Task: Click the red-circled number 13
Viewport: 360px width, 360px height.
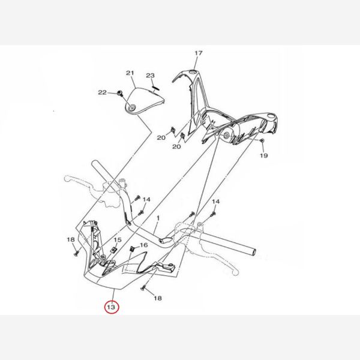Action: [112, 307]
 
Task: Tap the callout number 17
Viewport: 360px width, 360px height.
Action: [199, 53]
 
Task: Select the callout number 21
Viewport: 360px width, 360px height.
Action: [130, 73]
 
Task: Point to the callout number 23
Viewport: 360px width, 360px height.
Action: [151, 76]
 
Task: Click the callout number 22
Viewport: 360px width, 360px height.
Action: [103, 92]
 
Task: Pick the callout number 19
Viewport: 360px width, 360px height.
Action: [264, 155]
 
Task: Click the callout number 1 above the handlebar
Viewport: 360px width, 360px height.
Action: [158, 218]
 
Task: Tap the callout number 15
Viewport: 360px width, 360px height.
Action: [118, 239]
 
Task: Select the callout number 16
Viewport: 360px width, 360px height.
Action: [144, 245]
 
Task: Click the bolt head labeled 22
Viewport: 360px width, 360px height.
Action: [119, 93]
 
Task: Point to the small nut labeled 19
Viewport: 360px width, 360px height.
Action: [262, 140]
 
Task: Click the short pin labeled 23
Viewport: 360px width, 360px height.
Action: [156, 88]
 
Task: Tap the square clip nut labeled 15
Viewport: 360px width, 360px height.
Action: [113, 250]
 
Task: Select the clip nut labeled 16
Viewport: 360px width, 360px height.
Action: [133, 248]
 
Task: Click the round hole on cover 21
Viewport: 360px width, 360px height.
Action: [133, 107]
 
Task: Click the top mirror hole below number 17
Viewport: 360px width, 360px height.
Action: [193, 73]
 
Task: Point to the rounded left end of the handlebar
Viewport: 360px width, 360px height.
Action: [94, 163]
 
